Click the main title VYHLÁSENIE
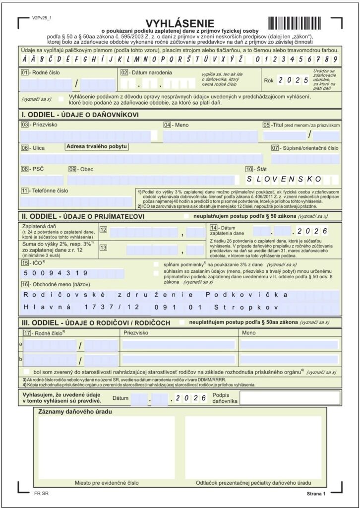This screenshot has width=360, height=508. coord(180,23)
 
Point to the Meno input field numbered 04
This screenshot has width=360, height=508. coord(210,135)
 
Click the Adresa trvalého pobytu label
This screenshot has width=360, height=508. coord(96,146)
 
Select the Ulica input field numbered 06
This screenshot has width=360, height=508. coord(144,159)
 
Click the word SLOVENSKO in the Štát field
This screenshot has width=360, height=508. coord(284,179)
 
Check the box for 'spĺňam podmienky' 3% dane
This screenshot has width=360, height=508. coord(157,264)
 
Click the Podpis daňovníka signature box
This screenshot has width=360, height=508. coord(290,398)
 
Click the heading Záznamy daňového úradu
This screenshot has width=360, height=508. coord(75,412)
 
